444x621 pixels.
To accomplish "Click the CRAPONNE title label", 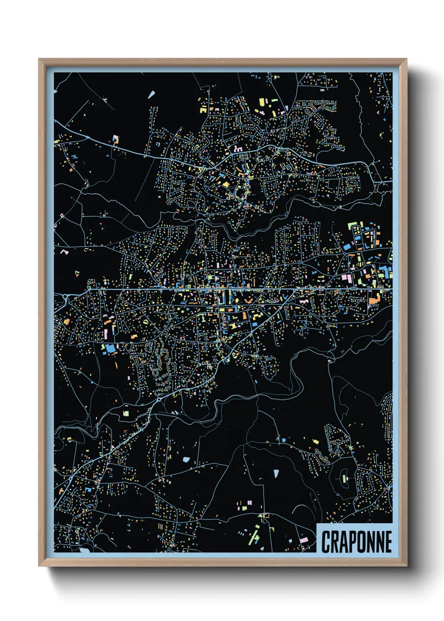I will [x=356, y=541].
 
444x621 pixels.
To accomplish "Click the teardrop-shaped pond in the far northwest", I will [x=151, y=94].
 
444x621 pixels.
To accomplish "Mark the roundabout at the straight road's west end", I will [x=65, y=297].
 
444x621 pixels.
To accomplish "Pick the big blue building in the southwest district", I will [x=110, y=348].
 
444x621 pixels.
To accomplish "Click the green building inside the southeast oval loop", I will [x=345, y=478].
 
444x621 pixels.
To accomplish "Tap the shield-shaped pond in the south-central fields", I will [x=276, y=474].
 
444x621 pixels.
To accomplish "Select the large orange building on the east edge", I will [x=374, y=300].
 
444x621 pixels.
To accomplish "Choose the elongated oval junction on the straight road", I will [x=353, y=289].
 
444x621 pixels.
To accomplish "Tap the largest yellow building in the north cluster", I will [x=262, y=102].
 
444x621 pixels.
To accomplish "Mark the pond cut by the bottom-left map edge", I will [x=84, y=549].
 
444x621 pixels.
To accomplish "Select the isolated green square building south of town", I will [x=125, y=413].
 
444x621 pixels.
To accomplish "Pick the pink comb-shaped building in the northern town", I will [x=238, y=149].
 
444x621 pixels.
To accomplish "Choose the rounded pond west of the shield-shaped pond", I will [x=186, y=459].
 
